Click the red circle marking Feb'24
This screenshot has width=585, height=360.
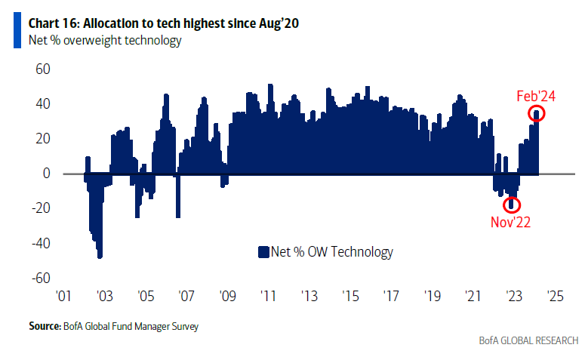[x=537, y=114]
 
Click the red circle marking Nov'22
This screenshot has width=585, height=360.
[x=512, y=205]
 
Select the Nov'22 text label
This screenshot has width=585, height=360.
[x=512, y=222]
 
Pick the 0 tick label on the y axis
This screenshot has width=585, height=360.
[x=46, y=174]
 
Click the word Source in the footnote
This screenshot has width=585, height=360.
[x=44, y=326]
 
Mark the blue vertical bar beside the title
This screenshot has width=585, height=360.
[x=17, y=31]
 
